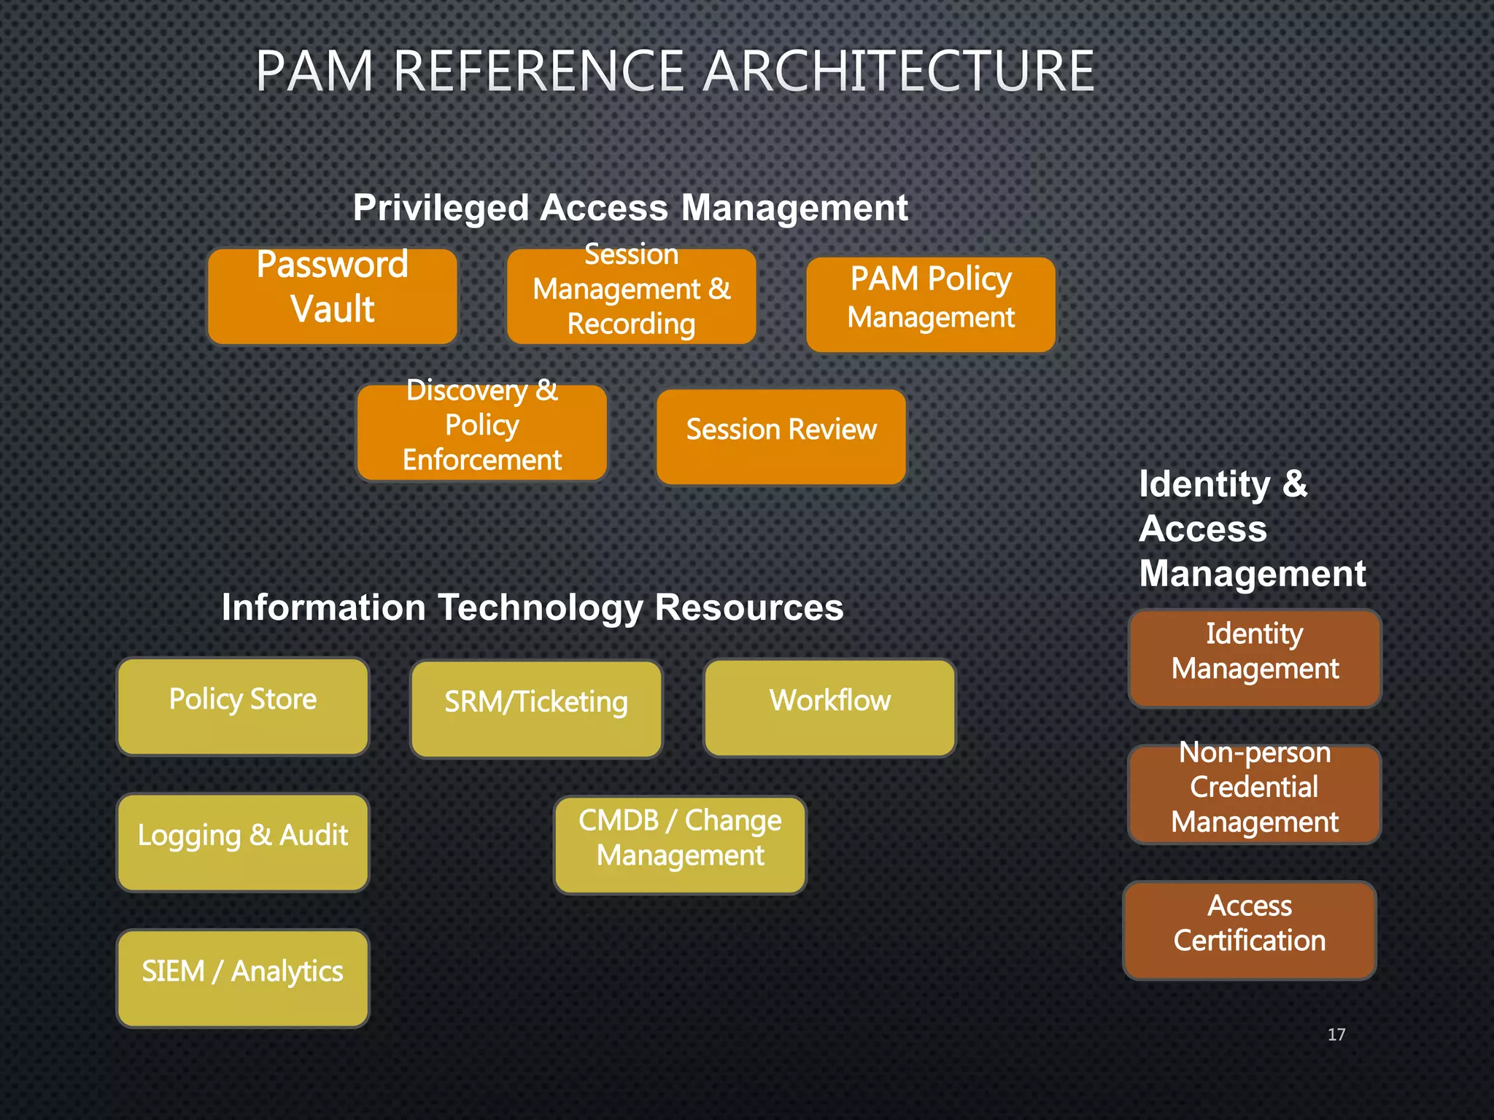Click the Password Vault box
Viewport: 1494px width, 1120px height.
333,296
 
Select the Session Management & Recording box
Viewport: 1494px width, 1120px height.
632,296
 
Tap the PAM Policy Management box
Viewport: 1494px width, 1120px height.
931,304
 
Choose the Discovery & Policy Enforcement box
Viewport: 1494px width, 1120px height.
482,432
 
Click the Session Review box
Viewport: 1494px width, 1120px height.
781,436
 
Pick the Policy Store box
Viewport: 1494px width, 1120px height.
243,706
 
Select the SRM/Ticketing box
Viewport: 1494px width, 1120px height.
536,709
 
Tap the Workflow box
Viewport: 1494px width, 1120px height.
829,707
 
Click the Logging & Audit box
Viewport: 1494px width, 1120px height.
243,842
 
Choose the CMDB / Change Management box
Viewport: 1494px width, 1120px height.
680,844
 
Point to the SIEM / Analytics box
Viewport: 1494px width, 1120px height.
243,978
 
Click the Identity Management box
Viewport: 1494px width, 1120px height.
1255,658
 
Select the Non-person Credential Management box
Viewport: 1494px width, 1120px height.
1255,794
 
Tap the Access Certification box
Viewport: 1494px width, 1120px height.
1250,930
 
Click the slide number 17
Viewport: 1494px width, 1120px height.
1336,1034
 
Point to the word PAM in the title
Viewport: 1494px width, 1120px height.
314,71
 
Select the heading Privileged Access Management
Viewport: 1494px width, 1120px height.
630,208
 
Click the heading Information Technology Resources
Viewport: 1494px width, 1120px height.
532,607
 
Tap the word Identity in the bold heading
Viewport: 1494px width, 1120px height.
1204,484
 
